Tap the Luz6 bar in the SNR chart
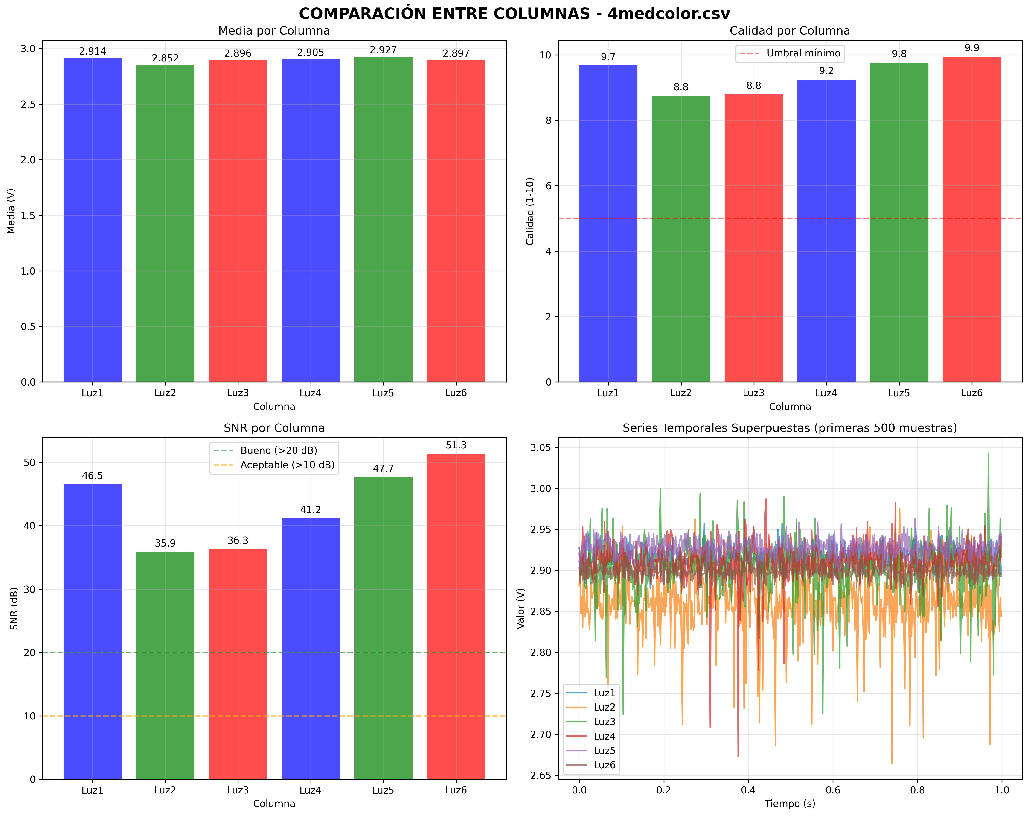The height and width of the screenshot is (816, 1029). pyautogui.click(x=456, y=616)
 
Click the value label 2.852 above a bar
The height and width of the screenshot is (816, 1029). pyautogui.click(x=165, y=58)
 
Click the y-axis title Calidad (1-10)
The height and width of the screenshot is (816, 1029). pyautogui.click(x=530, y=211)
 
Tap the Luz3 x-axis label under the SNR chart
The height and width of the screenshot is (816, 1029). pyautogui.click(x=238, y=790)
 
